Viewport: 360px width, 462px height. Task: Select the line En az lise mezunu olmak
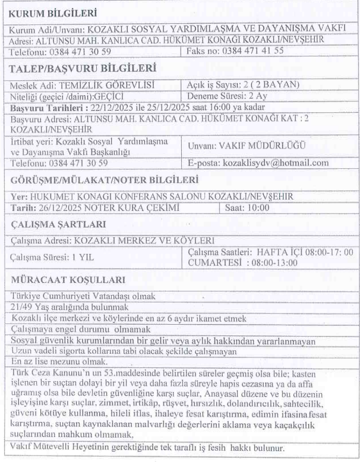click(55, 362)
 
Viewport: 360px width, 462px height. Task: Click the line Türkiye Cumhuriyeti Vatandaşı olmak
click(83, 296)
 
